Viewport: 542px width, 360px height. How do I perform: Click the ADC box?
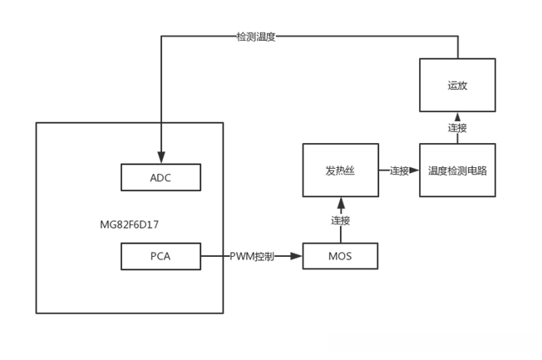point(160,177)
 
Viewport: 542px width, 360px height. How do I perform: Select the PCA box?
point(160,256)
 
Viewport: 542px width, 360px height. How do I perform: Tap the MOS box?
point(339,256)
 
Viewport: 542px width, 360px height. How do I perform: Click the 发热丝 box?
point(340,170)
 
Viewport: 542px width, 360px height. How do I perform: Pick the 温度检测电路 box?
point(457,170)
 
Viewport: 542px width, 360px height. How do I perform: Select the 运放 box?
point(457,85)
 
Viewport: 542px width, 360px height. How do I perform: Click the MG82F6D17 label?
point(129,224)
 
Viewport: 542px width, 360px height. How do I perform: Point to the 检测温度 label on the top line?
point(256,37)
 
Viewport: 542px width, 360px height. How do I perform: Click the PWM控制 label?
point(253,256)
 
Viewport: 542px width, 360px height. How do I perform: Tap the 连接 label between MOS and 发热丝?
point(340,220)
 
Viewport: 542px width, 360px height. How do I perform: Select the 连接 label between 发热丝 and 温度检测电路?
point(399,170)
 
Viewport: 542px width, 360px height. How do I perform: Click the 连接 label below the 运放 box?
point(457,128)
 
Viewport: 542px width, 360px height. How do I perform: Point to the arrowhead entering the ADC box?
point(160,159)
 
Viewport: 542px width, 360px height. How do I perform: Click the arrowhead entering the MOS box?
point(297,256)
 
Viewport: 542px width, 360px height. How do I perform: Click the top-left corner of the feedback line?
point(160,37)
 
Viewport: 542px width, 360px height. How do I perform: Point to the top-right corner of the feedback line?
point(457,37)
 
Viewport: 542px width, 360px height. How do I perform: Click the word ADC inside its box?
point(160,177)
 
